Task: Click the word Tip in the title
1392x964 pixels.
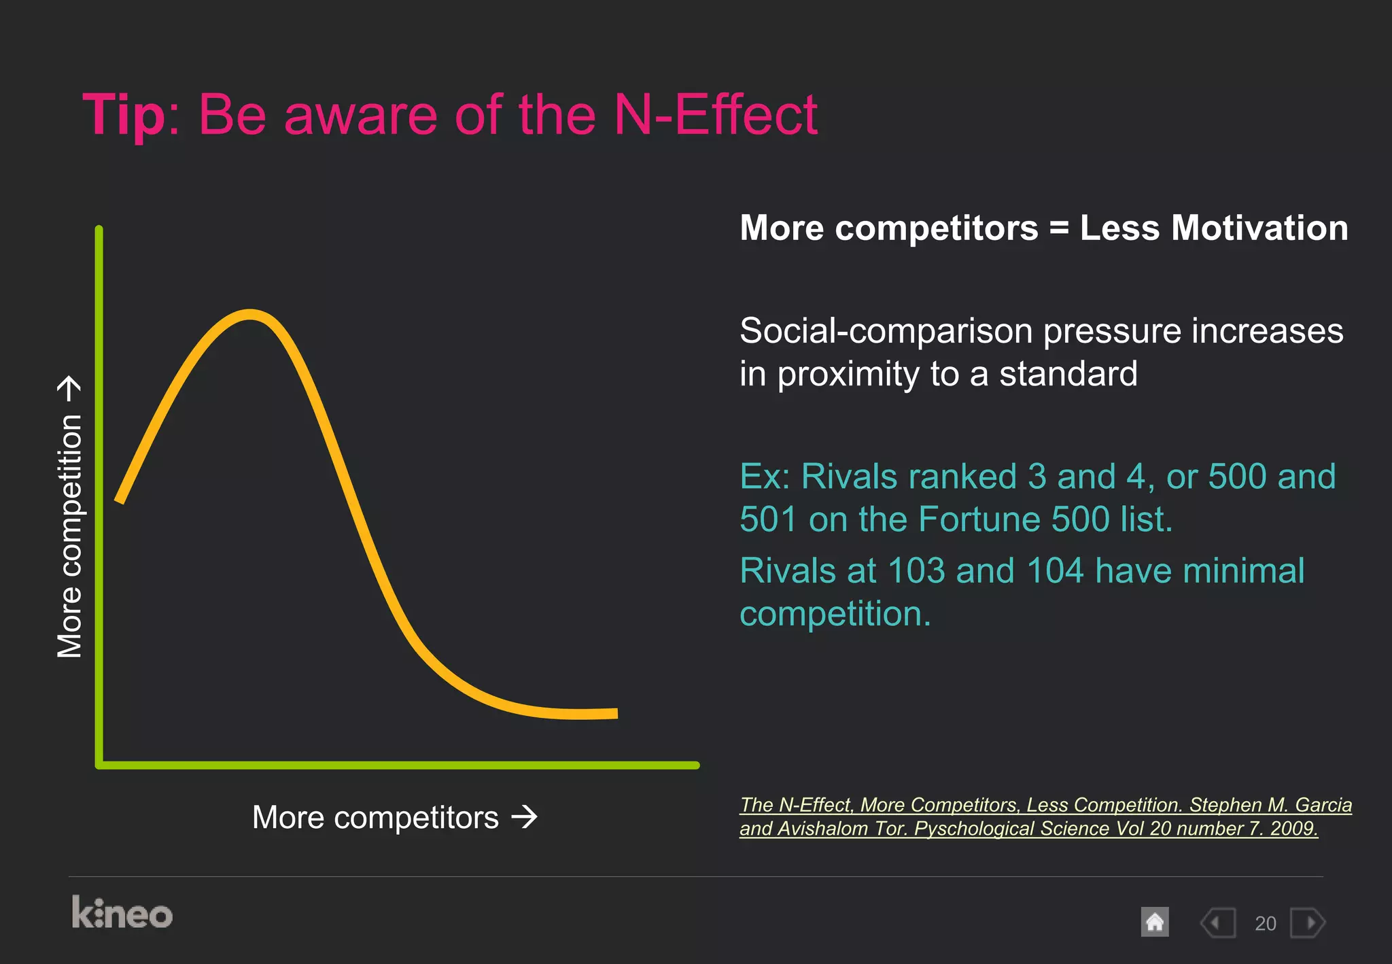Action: (x=123, y=116)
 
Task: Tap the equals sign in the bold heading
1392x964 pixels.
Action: (x=1059, y=228)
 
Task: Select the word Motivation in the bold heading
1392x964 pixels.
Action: (x=1259, y=228)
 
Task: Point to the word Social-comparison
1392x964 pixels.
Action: (x=887, y=332)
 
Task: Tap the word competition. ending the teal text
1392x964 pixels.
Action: (x=835, y=615)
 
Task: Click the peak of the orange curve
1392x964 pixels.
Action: (x=250, y=315)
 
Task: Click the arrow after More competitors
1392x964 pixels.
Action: (x=524, y=816)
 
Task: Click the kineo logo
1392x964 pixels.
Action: (x=122, y=913)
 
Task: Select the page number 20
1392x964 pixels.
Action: (x=1265, y=924)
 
